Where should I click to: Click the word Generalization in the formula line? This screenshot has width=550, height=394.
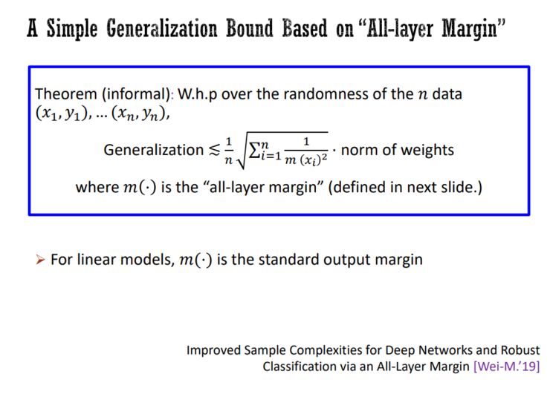153,150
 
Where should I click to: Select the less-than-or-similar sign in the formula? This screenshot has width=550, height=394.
213,151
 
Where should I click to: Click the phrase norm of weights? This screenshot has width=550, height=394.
397,150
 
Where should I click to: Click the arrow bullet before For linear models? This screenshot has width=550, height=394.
41,260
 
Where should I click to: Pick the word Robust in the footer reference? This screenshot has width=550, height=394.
520,350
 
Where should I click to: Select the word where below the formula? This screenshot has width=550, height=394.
96,188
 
